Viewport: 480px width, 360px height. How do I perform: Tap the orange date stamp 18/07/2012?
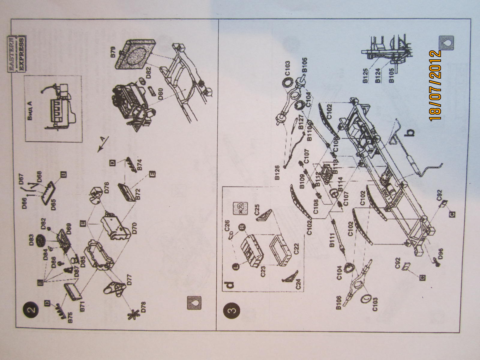click(436, 85)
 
